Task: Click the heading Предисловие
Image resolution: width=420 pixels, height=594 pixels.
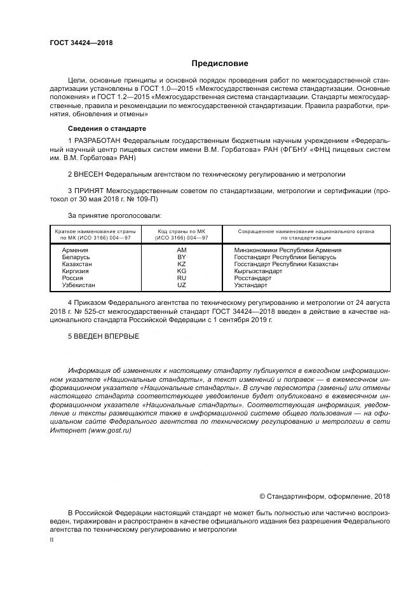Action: [x=220, y=64]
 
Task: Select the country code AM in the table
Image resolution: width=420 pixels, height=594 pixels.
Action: [x=182, y=250]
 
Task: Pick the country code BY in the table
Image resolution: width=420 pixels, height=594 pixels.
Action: [x=182, y=257]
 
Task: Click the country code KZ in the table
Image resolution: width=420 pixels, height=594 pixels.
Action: [x=182, y=264]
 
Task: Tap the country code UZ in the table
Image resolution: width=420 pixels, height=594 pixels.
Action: [x=182, y=285]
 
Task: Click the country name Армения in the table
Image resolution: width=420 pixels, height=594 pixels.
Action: [x=75, y=250]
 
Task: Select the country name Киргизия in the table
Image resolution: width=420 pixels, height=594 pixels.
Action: [x=76, y=271]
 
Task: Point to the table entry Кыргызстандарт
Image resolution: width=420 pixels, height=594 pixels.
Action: [x=258, y=271]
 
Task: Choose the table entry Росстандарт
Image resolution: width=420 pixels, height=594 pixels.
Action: [x=253, y=278]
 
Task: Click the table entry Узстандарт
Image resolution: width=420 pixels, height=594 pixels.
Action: [x=251, y=285]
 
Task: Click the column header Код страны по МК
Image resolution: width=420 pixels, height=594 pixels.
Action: [x=182, y=231]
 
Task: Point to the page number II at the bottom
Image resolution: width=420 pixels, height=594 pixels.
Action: [x=52, y=540]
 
